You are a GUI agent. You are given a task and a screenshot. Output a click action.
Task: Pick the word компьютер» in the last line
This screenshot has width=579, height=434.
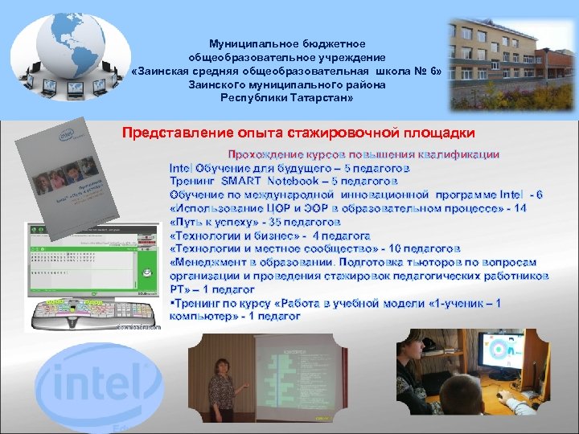201,317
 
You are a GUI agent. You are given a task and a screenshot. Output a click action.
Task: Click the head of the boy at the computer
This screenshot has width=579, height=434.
418,354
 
